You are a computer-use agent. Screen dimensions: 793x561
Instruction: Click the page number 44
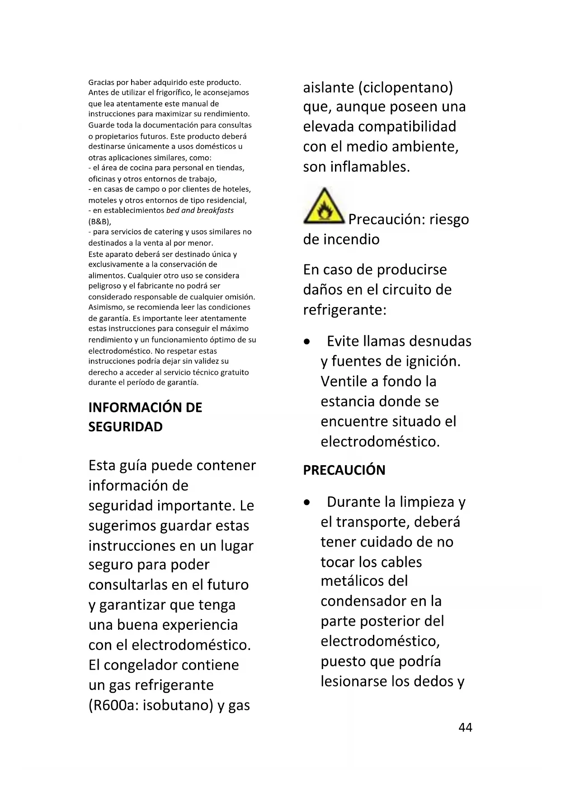coord(465,727)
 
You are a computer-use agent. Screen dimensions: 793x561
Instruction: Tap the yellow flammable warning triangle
coord(323,207)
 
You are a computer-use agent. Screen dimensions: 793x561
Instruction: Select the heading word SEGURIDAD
coord(125,427)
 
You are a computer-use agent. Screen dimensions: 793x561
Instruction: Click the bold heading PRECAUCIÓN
coord(344,470)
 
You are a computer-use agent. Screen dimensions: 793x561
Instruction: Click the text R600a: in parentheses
coord(113,705)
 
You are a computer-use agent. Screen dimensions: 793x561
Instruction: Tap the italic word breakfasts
coord(215,210)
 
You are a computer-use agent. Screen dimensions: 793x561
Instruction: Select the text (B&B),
coord(99,222)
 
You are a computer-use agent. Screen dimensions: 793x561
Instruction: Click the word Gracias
coord(101,82)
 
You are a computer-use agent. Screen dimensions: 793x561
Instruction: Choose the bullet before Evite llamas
coord(307,342)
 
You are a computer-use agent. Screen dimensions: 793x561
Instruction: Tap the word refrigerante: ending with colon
coord(344,310)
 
